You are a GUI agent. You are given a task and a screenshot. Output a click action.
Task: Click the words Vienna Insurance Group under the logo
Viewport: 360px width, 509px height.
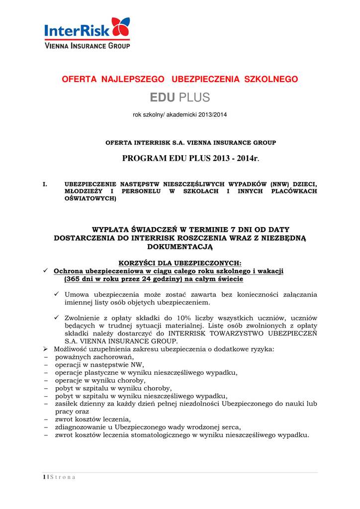pos(87,46)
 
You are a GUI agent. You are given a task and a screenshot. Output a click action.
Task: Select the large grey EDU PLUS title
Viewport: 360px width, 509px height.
pos(180,97)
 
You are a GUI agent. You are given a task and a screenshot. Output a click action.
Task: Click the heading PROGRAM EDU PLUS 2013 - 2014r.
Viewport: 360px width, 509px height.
pos(191,159)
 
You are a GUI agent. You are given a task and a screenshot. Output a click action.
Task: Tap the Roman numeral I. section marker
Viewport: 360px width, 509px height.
pos(45,184)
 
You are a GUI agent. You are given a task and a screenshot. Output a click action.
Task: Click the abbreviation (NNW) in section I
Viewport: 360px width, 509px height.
pos(281,184)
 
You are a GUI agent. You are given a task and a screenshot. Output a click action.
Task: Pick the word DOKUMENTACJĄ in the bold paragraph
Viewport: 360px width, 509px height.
pos(180,246)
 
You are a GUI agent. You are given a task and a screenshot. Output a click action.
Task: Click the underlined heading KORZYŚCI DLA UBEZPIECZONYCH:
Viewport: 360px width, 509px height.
pos(180,263)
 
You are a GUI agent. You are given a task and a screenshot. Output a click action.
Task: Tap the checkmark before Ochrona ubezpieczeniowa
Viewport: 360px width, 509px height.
pos(46,271)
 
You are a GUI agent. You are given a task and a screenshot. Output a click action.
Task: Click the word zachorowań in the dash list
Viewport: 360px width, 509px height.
pos(114,357)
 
